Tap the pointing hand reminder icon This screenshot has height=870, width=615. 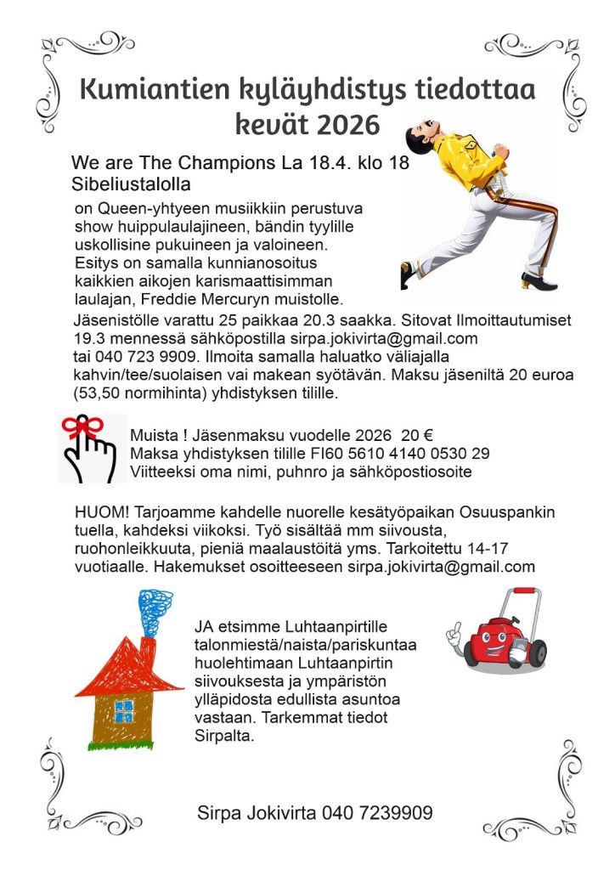tap(92, 450)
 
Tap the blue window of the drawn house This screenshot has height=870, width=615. tap(124, 710)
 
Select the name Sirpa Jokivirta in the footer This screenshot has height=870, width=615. tap(257, 813)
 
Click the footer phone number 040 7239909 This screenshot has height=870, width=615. tap(376, 813)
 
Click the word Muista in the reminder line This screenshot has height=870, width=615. tap(152, 436)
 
